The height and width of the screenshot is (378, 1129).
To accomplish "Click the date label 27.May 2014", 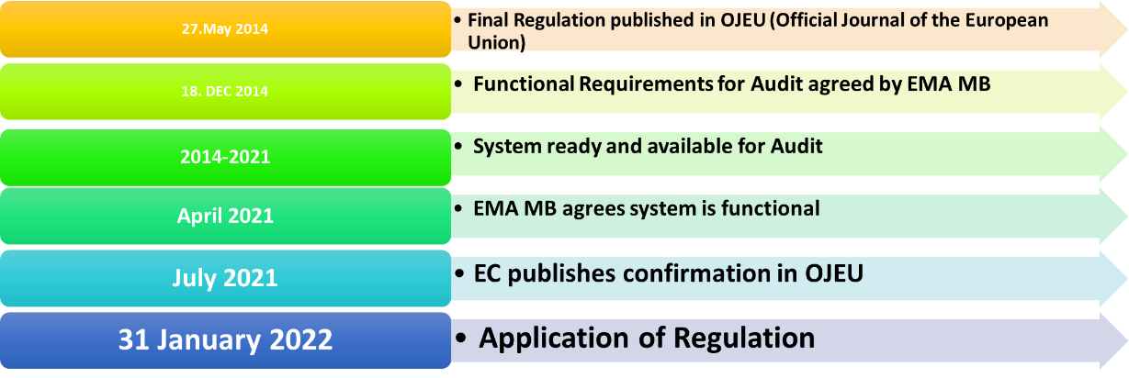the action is click(x=225, y=28).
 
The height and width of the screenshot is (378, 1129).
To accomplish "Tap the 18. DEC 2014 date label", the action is click(x=225, y=91).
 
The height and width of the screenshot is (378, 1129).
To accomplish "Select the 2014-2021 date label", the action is click(x=225, y=157).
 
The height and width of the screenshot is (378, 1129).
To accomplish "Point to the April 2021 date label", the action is click(x=225, y=216).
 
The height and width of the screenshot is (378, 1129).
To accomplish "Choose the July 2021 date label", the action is click(x=225, y=278).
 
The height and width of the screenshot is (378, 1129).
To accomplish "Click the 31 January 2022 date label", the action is click(x=225, y=339).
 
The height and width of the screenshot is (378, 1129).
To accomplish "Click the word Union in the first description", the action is click(x=496, y=43).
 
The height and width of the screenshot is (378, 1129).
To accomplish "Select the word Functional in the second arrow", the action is click(x=524, y=84).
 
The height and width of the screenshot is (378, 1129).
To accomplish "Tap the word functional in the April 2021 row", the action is click(x=770, y=208).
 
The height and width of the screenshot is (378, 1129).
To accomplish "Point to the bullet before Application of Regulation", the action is click(x=460, y=338).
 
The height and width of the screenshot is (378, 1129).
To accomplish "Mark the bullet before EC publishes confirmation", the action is click(x=459, y=274).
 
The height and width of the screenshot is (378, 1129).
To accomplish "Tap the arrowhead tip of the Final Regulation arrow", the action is click(x=1126, y=28).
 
